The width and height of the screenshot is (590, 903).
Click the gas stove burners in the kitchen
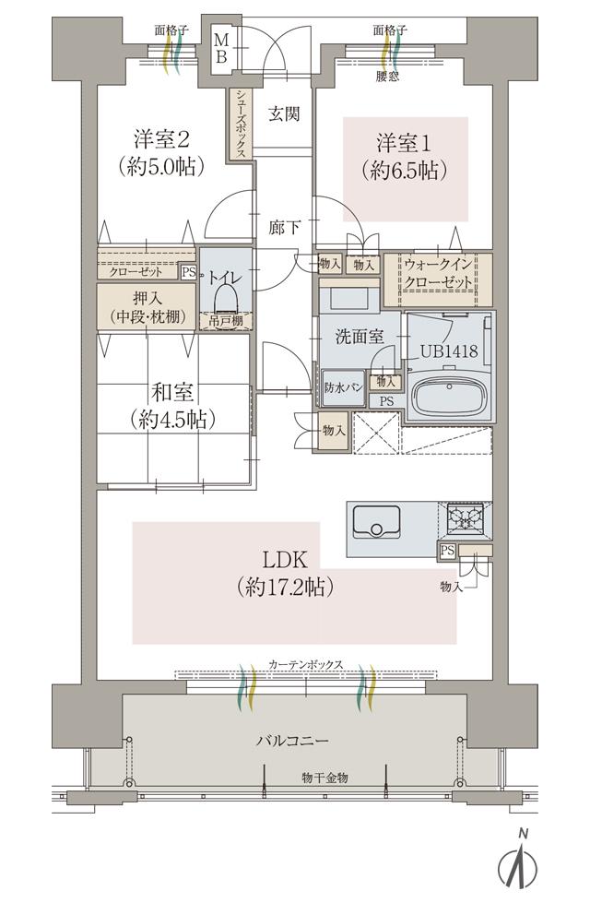tap(467, 518)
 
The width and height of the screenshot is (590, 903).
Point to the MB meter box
tap(222, 47)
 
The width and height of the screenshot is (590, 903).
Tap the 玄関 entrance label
tap(282, 114)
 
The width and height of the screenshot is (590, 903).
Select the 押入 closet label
tap(147, 306)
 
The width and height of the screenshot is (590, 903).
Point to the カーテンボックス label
tap(306, 665)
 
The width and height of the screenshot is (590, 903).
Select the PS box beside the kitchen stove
tap(448, 551)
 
